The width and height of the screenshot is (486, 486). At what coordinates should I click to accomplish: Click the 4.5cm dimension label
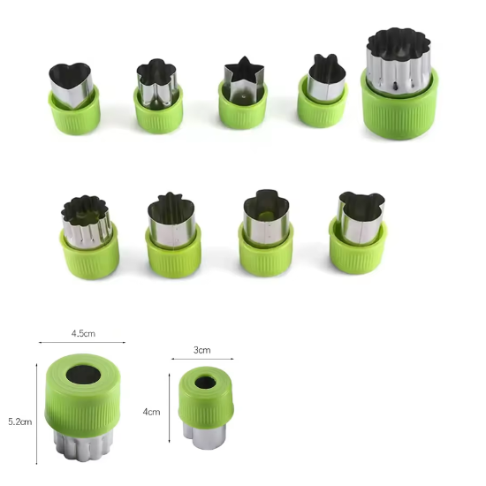pyautogui.click(x=83, y=334)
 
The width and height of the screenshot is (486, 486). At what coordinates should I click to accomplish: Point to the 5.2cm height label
pyautogui.click(x=19, y=421)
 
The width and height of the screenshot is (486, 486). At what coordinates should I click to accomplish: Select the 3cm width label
pyautogui.click(x=201, y=350)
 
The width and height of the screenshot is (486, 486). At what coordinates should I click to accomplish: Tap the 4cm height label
pyautogui.click(x=151, y=412)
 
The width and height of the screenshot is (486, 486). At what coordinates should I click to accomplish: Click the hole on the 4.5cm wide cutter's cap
pyautogui.click(x=83, y=374)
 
